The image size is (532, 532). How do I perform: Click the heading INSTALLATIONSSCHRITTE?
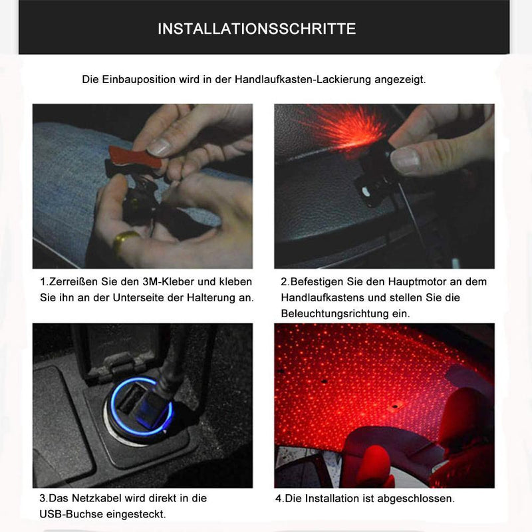[x=257, y=29]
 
